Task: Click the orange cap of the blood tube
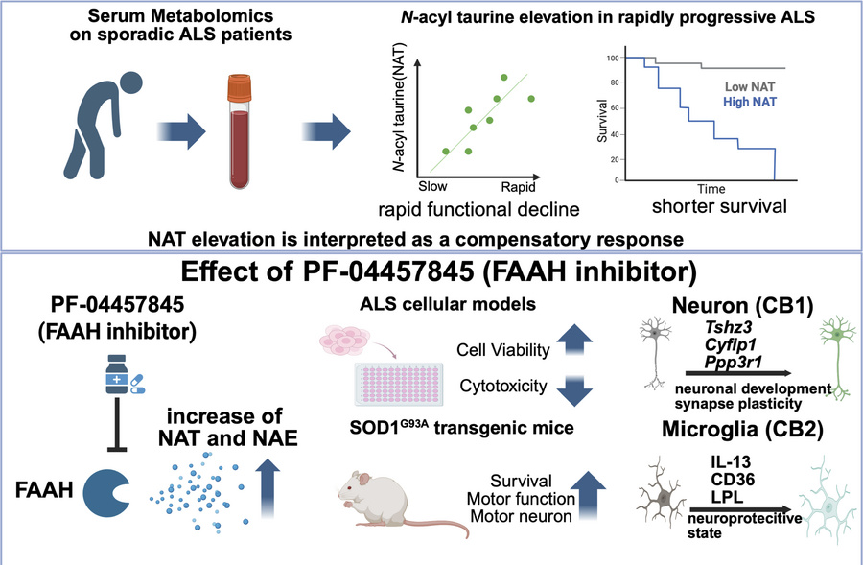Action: click(x=240, y=88)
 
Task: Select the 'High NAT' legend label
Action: click(x=749, y=102)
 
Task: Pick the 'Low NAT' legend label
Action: click(x=749, y=87)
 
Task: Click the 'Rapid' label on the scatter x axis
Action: click(x=518, y=187)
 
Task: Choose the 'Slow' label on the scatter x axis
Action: click(x=432, y=186)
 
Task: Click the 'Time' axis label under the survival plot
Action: click(x=711, y=189)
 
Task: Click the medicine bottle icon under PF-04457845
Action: click(x=117, y=374)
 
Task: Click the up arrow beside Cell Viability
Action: click(x=574, y=341)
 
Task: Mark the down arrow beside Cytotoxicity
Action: click(x=574, y=390)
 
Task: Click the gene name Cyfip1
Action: click(x=731, y=344)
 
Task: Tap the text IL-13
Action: click(x=731, y=461)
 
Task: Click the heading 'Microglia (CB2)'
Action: click(x=742, y=430)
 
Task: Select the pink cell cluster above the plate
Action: click(x=345, y=340)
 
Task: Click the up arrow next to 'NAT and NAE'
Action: click(x=268, y=488)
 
